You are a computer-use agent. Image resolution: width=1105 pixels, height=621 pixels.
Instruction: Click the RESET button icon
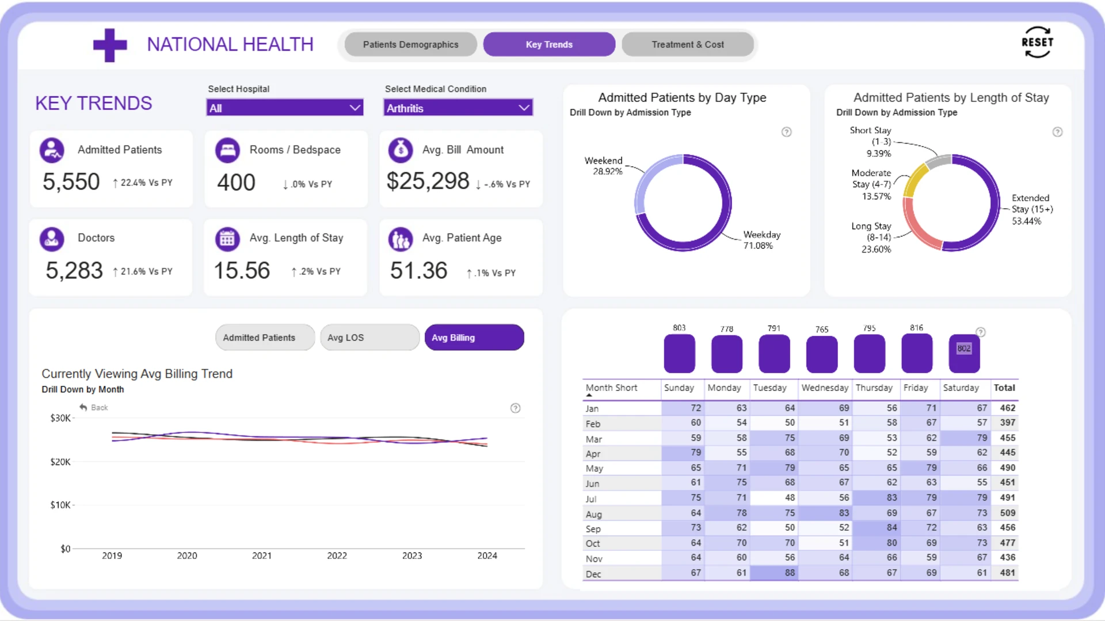[x=1037, y=43]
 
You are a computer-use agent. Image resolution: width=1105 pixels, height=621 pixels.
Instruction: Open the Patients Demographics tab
[x=411, y=44]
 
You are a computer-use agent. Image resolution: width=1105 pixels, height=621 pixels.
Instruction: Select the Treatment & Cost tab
[x=688, y=44]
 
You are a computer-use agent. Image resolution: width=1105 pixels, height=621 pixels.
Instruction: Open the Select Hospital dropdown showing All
[x=285, y=108]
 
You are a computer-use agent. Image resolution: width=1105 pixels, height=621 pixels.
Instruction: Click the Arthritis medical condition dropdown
[x=458, y=108]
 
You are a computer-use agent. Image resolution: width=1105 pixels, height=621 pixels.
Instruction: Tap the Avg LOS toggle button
[x=369, y=338]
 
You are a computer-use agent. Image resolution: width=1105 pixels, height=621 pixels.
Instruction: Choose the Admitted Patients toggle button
[x=265, y=338]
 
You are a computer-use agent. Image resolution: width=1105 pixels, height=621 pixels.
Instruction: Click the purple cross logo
[x=110, y=45]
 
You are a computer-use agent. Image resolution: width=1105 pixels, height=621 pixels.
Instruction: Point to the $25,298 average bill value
[x=428, y=181]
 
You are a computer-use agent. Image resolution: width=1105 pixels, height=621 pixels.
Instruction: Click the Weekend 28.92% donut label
[x=604, y=166]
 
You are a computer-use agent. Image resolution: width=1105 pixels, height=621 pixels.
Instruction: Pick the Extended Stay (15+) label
[x=1032, y=209]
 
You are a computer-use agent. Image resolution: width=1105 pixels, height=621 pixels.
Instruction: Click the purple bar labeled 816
[x=917, y=354]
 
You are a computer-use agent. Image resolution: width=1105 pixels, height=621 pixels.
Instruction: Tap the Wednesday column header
[x=825, y=388]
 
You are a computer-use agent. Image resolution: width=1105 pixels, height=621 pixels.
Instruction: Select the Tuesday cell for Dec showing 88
[x=774, y=573]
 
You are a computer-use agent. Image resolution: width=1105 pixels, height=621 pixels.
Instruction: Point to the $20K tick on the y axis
[x=60, y=462]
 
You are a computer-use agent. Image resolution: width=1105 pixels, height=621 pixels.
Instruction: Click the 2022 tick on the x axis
[x=337, y=555]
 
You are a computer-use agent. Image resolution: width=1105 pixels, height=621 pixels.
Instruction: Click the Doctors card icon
[x=52, y=239]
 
